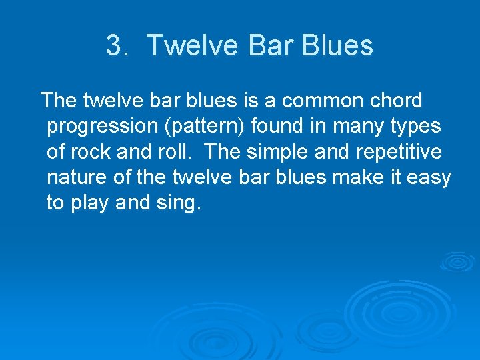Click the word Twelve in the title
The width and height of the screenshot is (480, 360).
click(192, 46)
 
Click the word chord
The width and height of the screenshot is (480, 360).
click(397, 101)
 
